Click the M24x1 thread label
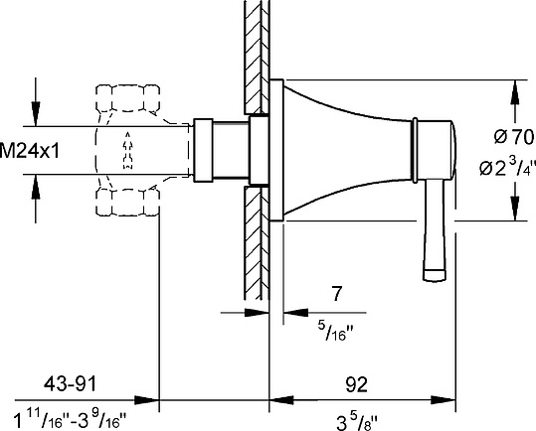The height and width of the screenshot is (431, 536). point(30,151)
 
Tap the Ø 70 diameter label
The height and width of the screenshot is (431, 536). point(514,137)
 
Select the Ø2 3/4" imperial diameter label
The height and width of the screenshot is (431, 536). point(507,166)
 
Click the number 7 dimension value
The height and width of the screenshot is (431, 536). point(337,294)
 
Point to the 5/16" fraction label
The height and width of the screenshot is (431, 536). point(335,331)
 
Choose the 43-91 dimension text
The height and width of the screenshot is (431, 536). point(70,384)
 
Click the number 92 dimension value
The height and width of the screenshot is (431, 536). point(356,385)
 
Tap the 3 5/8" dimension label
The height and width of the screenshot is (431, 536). point(357,421)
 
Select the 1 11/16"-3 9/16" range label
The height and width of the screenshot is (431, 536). point(70,420)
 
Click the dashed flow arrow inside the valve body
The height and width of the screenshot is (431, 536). point(128,150)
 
